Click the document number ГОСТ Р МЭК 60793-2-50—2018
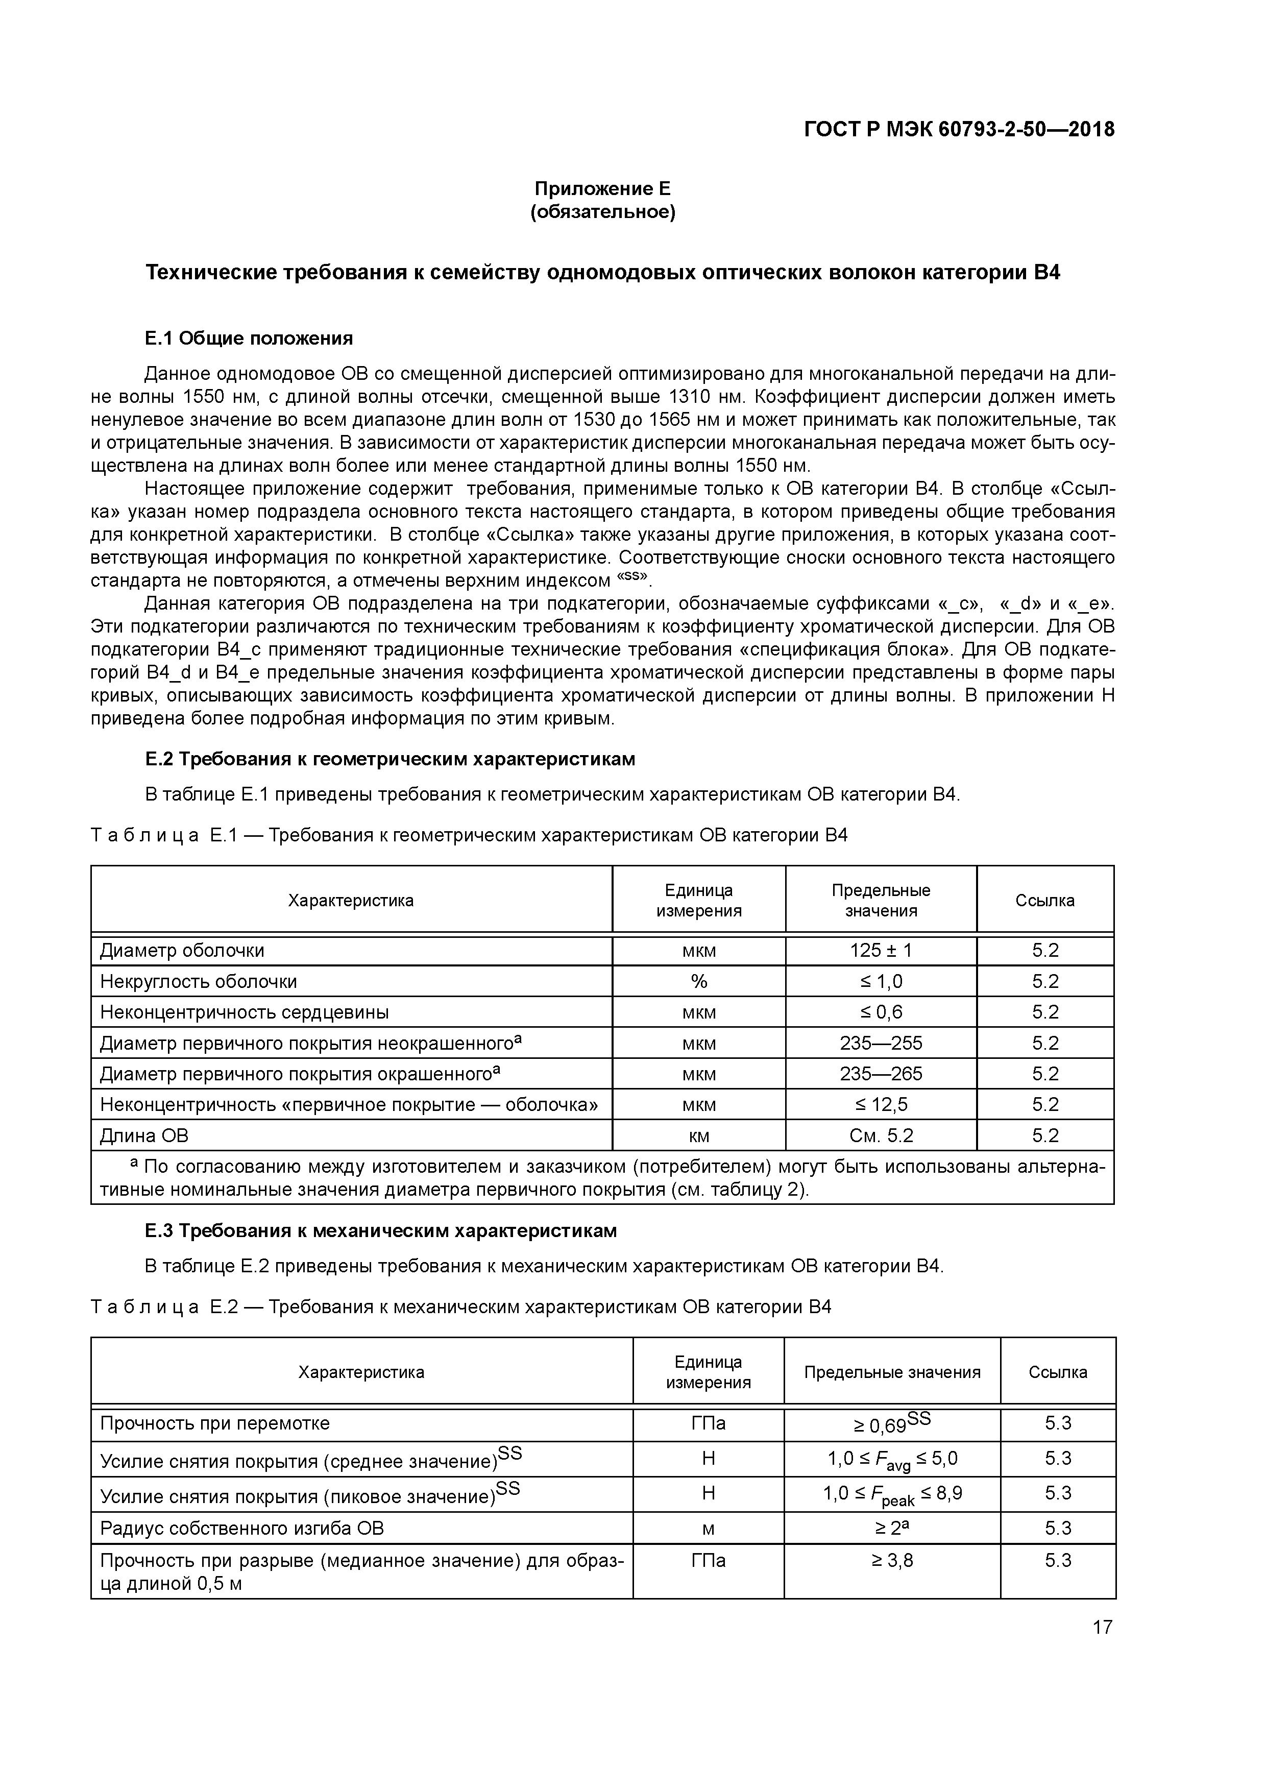click(x=959, y=130)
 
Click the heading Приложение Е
click(x=602, y=189)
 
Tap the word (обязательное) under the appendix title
click(x=602, y=212)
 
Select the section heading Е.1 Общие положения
click(x=249, y=338)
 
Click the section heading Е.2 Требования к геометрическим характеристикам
click(x=390, y=759)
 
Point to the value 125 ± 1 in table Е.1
click(x=881, y=951)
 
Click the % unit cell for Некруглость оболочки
click(x=698, y=981)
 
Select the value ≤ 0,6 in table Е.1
click(x=881, y=1012)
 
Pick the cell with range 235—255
click(x=881, y=1044)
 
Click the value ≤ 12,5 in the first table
click(x=881, y=1104)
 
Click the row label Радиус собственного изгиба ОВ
click(x=242, y=1528)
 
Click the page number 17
click(x=1102, y=1627)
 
